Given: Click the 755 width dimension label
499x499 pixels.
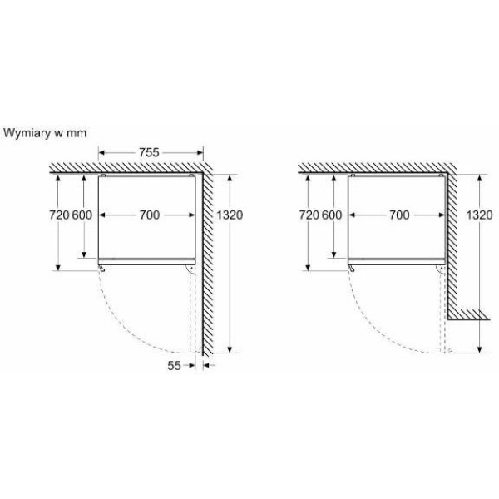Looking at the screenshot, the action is (x=149, y=152).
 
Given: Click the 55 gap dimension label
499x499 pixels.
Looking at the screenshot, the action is (x=174, y=366).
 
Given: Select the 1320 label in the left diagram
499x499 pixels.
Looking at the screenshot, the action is (x=230, y=215).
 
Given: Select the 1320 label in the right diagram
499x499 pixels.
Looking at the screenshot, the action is (x=479, y=215).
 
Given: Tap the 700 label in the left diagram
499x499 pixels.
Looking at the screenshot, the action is (x=150, y=215).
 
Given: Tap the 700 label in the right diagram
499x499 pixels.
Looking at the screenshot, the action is (x=399, y=215).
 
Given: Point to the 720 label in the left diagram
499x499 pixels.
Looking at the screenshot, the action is (x=59, y=215).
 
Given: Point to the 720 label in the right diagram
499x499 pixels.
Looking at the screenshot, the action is (x=309, y=215).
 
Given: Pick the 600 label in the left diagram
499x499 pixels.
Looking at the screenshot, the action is (x=82, y=215).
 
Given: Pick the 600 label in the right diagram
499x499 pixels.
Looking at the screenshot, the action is (x=332, y=215).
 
